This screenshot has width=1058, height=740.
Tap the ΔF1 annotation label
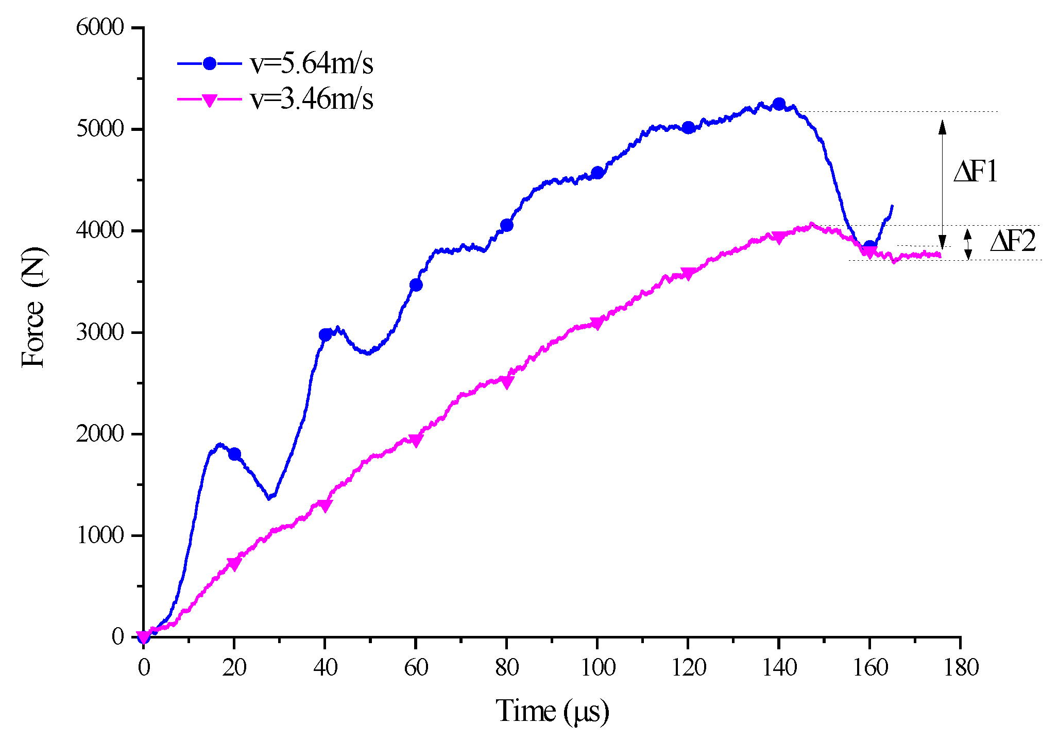click(x=975, y=172)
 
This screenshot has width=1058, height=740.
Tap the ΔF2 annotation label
click(x=1012, y=241)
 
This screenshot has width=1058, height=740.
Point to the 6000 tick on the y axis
click(x=100, y=27)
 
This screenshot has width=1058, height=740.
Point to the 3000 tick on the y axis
click(x=100, y=332)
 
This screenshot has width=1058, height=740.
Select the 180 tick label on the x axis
click(x=961, y=668)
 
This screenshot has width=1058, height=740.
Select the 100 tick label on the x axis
click(x=598, y=668)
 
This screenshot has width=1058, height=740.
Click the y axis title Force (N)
click(x=33, y=307)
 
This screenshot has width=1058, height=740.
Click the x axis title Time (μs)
click(x=552, y=712)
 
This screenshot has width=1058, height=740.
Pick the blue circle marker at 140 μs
click(x=779, y=104)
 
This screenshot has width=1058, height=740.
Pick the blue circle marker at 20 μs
click(x=234, y=454)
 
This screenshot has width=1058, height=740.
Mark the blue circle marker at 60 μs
click(x=416, y=285)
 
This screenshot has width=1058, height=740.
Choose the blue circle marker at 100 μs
click(x=598, y=173)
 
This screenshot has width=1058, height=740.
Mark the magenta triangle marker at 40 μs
click(x=325, y=506)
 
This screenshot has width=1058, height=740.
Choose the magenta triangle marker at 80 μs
click(x=507, y=382)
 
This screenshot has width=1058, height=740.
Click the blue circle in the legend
click(x=209, y=63)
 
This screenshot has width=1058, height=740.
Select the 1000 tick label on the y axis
click(x=100, y=536)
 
